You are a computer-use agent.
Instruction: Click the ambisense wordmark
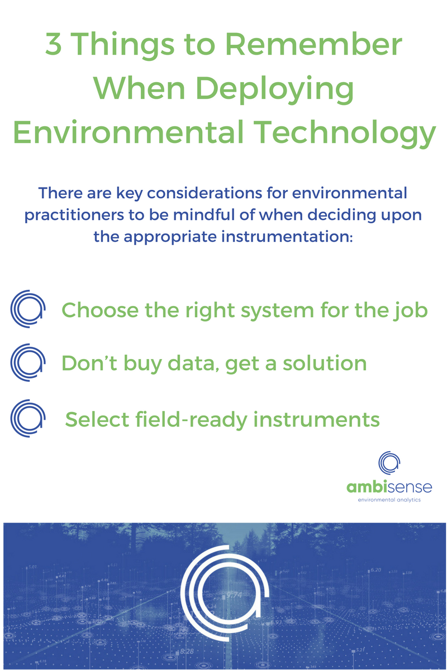[x=389, y=487]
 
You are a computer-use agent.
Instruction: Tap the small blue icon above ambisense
[x=389, y=462]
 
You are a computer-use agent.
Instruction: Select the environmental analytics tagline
[x=389, y=500]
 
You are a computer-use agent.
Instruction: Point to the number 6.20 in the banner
[x=375, y=570]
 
